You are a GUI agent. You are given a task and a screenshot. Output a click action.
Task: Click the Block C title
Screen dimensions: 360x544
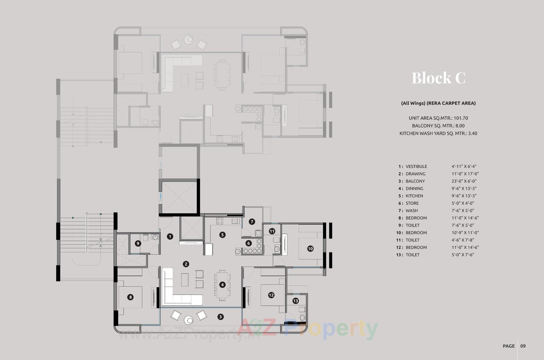pos(438,78)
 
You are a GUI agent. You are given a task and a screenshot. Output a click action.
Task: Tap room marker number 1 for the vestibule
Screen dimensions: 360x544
pos(170,236)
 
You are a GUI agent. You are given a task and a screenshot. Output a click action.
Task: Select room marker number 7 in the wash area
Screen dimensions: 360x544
pos(252,222)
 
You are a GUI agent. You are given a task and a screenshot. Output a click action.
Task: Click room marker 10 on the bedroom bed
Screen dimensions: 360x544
pos(310,249)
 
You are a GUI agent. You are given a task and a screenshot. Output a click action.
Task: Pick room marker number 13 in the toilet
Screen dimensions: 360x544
pos(296,301)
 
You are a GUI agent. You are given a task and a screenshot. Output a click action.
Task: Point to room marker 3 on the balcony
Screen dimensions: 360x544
pos(220,317)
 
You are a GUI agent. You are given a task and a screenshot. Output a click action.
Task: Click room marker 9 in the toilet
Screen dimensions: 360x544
pos(138,243)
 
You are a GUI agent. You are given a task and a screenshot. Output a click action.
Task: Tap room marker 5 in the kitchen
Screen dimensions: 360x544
pos(222,235)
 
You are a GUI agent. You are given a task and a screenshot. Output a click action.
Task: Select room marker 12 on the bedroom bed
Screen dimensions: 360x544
pos(271,295)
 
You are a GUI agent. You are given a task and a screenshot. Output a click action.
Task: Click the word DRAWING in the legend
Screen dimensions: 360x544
pos(415,174)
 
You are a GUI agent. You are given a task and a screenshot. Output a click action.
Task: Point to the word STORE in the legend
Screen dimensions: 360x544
pos(412,203)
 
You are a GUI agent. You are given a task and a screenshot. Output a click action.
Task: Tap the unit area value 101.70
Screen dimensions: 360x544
pos(461,118)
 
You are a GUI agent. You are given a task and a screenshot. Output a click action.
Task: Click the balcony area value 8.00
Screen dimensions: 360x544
pos(460,126)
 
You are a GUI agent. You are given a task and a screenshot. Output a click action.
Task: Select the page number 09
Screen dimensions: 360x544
pos(523,346)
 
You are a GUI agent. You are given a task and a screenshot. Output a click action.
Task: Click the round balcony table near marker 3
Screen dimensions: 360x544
pos(189,320)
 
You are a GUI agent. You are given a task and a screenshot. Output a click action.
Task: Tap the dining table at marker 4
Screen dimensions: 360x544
pos(222,285)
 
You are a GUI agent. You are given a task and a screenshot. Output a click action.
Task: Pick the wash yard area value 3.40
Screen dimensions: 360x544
pos(473,133)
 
